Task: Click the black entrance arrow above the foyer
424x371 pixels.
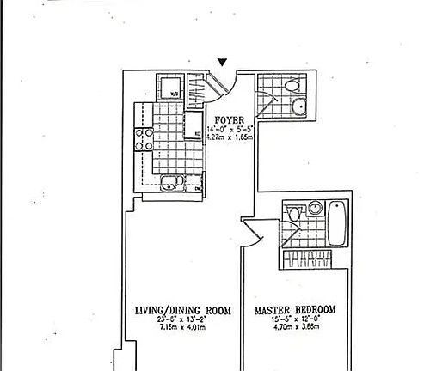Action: pos(223,63)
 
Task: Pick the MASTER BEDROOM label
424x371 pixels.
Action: pos(295,309)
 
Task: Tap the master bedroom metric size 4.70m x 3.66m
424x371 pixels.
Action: pos(295,327)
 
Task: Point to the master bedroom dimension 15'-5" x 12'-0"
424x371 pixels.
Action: pos(295,319)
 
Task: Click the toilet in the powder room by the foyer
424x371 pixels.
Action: pos(292,85)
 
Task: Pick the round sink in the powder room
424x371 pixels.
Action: pos(300,107)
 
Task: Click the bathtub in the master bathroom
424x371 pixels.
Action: pos(338,222)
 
